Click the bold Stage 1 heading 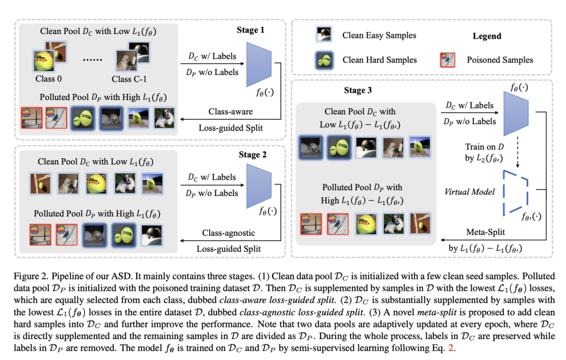[x=251, y=30]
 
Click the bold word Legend [x=486, y=36]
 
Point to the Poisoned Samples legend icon [x=447, y=60]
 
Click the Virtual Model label [x=469, y=192]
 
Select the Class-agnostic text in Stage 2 [x=228, y=233]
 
